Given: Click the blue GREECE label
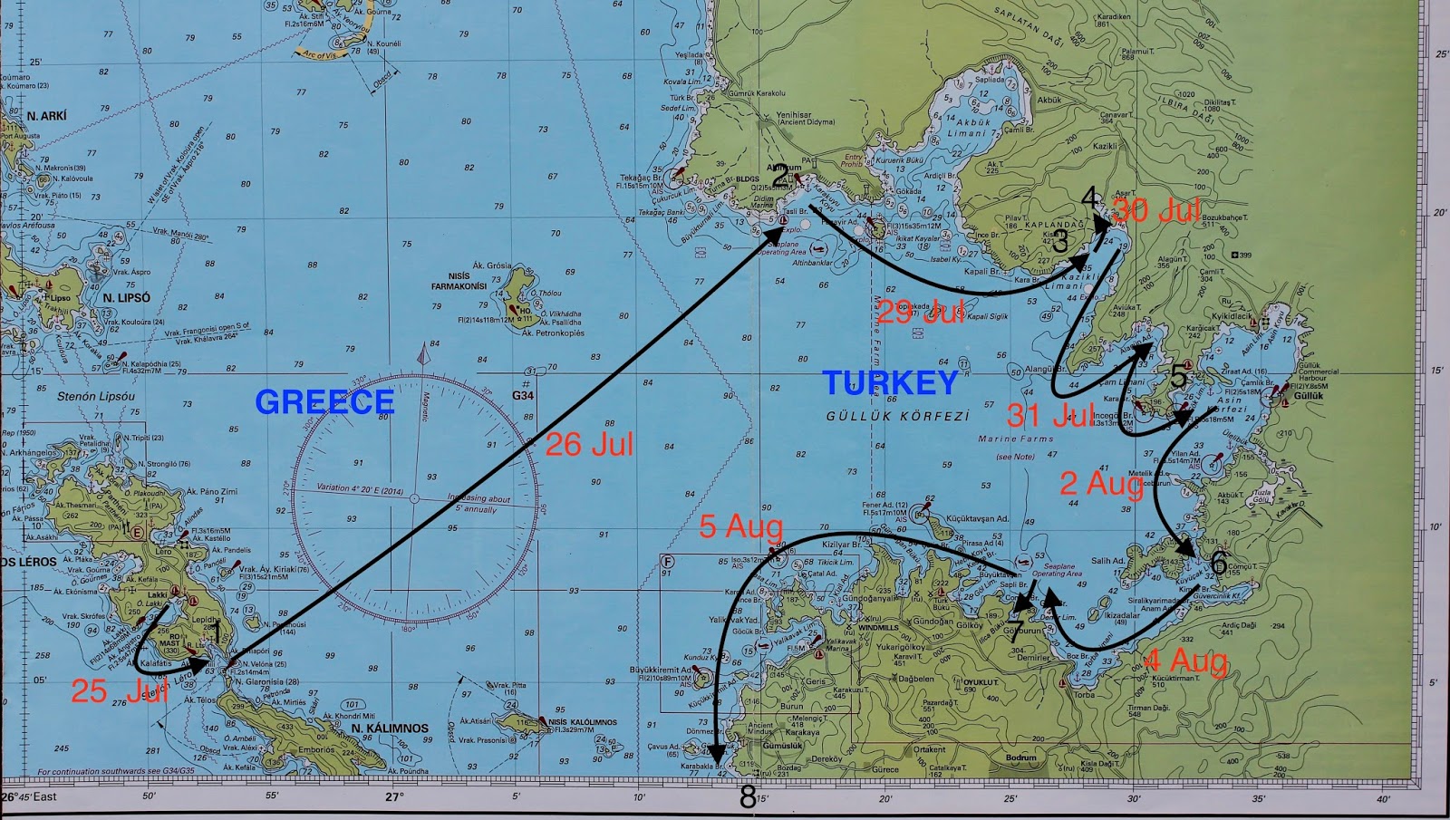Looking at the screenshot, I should tap(324, 401).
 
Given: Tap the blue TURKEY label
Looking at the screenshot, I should tap(890, 383).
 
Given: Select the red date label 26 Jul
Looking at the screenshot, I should tap(589, 444).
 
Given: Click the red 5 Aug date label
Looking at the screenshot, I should tap(740, 526).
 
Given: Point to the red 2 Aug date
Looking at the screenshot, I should tap(1102, 484).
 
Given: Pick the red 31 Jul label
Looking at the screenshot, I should tap(1050, 415).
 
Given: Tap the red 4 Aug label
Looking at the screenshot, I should tap(1186, 661).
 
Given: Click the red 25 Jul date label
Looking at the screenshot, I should tap(119, 691).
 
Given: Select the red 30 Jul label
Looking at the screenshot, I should tap(1157, 210).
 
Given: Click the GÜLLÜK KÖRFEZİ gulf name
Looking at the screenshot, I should tap(897, 416).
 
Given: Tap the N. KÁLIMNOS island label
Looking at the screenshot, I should tap(390, 728).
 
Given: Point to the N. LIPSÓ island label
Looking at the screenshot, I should tap(127, 298).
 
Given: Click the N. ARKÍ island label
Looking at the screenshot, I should tap(46, 116).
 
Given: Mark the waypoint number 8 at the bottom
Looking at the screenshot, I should tap(748, 797).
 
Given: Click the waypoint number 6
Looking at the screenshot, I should tap(1218, 563).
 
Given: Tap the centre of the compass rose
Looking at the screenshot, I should tap(415, 498).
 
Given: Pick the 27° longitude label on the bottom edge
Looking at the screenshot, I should tap(393, 797).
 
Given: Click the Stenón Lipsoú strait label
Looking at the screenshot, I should tap(96, 396).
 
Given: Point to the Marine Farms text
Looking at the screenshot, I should tap(1015, 439).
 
